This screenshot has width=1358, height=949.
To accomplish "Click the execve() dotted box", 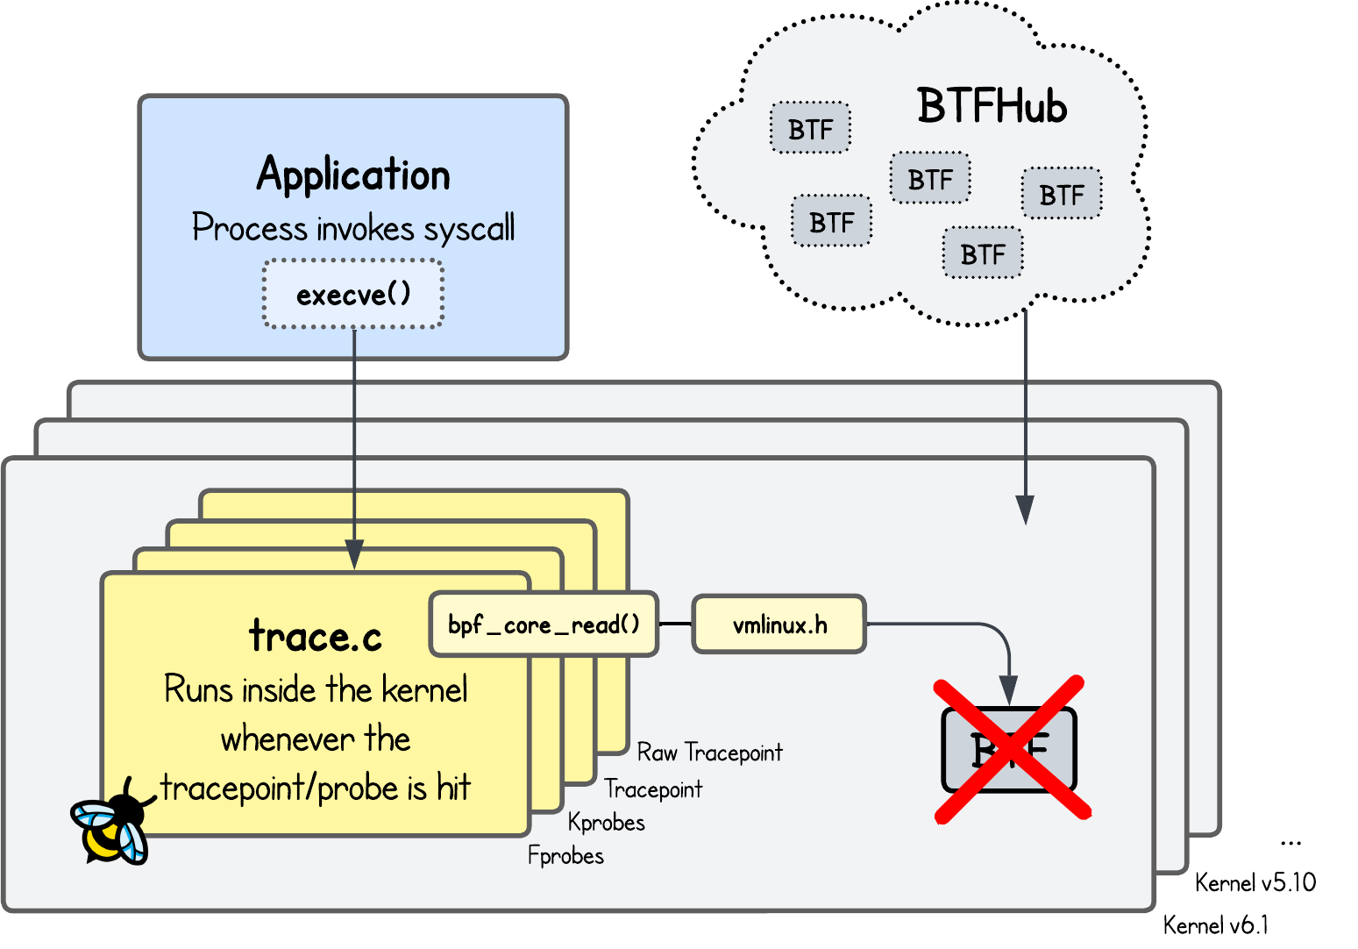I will pos(353,295).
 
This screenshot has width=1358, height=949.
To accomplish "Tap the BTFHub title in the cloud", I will pos(992,107).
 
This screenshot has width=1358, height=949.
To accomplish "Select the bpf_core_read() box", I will pos(544,624).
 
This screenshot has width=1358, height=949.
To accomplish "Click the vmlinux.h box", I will pos(779,624).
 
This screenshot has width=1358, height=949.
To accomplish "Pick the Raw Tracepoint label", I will pos(709,753).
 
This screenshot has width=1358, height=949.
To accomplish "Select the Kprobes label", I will pos(607,823).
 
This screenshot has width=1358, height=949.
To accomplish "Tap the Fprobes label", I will pos(565,855).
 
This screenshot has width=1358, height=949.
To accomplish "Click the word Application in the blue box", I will pos(353,175).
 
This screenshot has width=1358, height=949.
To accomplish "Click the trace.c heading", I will pos(316,636).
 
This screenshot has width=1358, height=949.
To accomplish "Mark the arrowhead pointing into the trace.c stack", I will pos(354,554).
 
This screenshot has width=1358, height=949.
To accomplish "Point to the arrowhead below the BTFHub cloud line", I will pos(1024,510).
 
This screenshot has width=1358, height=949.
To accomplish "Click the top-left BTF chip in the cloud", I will pos(810,129).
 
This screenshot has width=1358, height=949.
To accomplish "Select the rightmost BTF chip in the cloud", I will pos(1062,194).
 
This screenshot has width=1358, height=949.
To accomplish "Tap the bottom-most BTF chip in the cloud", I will pos(982,254).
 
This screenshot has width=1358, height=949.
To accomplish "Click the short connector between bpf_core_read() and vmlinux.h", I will pos(674,624).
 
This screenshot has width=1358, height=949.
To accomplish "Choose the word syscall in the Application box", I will pos(469,229).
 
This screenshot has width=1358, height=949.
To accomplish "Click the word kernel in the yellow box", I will pos(424,690).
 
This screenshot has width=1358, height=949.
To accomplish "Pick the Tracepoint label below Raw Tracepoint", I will pos(653,789).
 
